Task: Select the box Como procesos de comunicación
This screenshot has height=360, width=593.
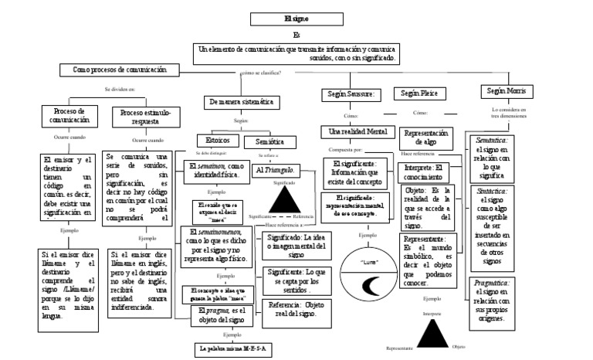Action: click(x=120, y=70)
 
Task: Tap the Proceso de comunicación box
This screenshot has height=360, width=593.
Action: click(x=69, y=116)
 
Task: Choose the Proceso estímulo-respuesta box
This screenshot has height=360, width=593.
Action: click(x=150, y=117)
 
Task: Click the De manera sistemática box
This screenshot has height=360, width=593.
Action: click(x=242, y=102)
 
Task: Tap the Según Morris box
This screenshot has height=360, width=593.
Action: click(x=506, y=91)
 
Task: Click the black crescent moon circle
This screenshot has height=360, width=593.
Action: click(x=378, y=267)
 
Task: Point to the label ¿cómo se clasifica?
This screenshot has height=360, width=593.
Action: click(x=261, y=73)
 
